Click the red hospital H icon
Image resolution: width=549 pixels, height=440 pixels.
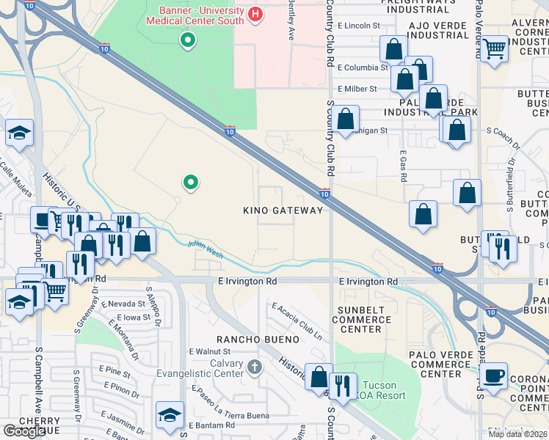[x=255, y=14]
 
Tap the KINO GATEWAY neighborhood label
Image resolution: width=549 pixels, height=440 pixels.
[x=283, y=210]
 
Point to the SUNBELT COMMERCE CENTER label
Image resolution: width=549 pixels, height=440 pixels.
[x=363, y=320]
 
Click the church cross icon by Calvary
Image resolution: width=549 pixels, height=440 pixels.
[x=254, y=366]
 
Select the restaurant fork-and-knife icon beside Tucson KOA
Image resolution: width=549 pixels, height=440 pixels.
[x=343, y=384]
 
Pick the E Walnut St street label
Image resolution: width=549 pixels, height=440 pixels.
[x=211, y=352]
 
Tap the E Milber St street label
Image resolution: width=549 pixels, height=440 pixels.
[x=357, y=89]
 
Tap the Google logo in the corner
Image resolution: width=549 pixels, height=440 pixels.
[x=24, y=431]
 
